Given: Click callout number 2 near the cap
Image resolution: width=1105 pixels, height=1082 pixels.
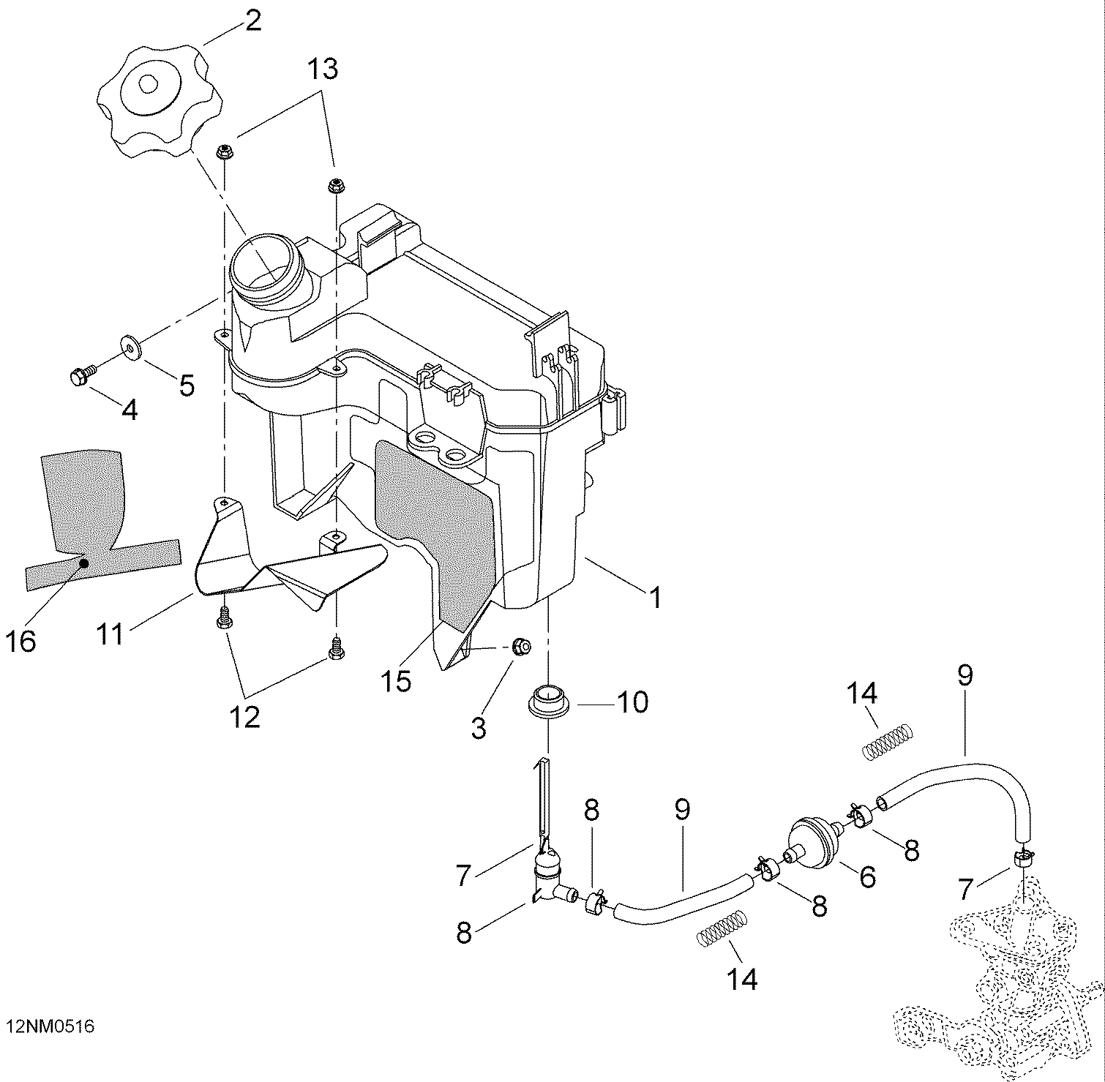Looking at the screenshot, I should coord(252,21).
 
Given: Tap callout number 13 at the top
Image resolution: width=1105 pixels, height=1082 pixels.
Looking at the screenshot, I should coord(322,69).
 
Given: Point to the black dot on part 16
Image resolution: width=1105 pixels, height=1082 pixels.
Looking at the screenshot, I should coord(84,563).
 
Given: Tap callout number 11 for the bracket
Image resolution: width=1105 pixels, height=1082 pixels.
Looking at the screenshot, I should coord(110,634).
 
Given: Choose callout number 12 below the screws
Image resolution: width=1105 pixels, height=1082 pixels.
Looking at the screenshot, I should coord(246,718).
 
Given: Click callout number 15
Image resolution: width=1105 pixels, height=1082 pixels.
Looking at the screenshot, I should coord(395,681).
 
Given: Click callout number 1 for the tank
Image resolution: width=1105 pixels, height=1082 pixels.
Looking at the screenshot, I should coord(656,596).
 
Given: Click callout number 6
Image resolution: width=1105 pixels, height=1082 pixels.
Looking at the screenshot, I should coord(867,876).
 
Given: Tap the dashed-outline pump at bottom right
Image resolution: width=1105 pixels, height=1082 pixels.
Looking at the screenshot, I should coord(1003,988).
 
